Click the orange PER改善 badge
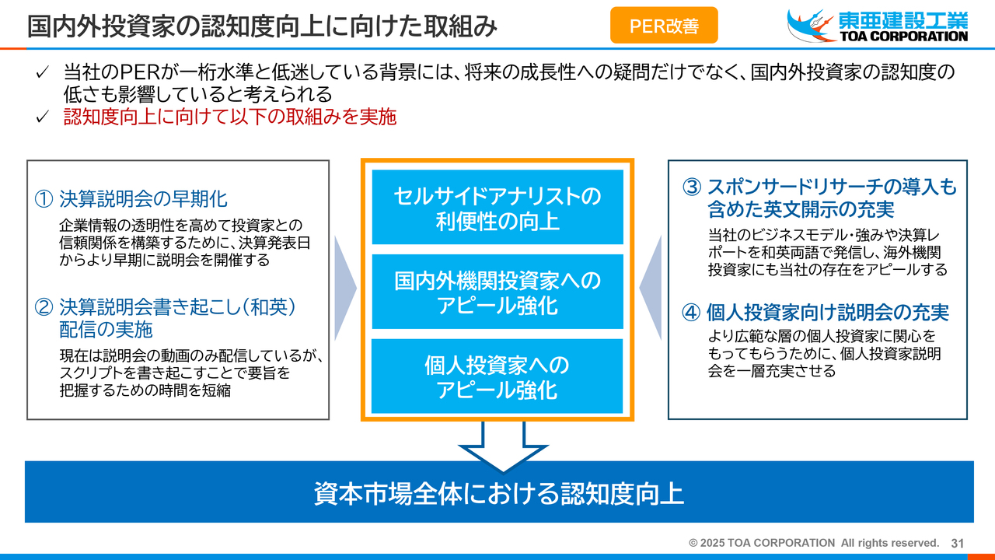point(664,26)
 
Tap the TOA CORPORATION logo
point(878,26)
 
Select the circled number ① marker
point(44,199)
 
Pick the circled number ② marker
point(44,307)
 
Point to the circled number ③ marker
point(692,187)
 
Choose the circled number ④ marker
point(692,313)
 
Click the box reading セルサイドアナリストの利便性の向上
point(497,207)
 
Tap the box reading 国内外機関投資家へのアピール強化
point(497,292)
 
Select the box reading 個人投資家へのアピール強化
point(497,376)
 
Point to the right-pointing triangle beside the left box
point(345,288)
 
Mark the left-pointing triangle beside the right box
point(651,288)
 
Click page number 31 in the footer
point(957,543)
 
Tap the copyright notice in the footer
point(814,543)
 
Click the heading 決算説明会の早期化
point(143,199)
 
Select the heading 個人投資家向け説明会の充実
point(828,313)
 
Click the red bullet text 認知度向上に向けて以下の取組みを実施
point(229,117)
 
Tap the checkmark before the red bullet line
point(42,117)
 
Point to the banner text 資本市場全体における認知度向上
point(498,493)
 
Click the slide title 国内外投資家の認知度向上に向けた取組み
point(262,26)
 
